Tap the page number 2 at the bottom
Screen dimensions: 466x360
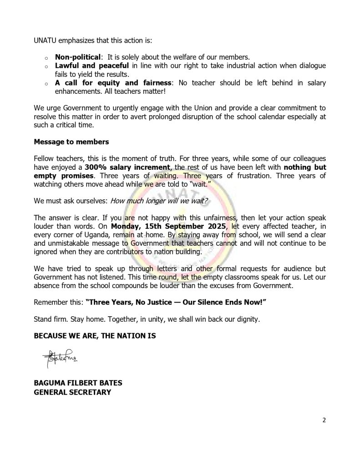tap(324, 420)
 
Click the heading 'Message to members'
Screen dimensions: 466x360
tap(71, 142)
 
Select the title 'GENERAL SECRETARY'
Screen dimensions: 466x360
tap(72, 391)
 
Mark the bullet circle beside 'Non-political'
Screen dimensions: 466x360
tap(46, 58)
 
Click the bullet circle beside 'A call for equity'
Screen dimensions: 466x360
tap(46, 84)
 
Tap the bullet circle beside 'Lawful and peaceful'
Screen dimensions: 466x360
tap(46, 66)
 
